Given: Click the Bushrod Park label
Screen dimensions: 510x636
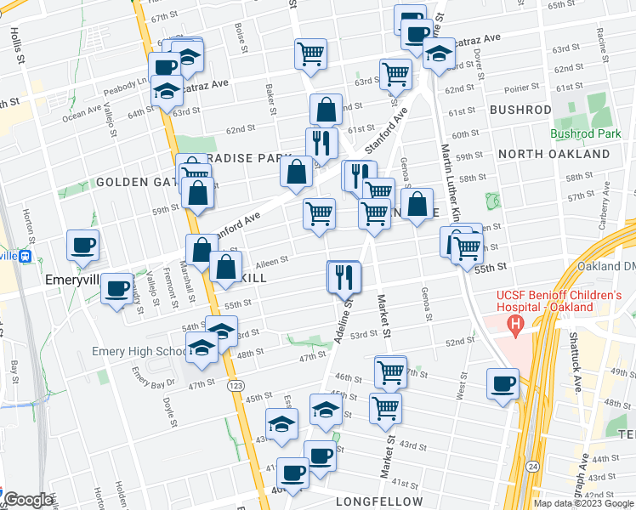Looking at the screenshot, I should [x=586, y=133].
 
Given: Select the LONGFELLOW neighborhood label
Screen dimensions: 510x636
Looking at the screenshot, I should [x=378, y=501].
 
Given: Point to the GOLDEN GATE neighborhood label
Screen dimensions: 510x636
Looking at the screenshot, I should [x=136, y=182].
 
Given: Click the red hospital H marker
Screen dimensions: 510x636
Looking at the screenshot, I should [x=514, y=323].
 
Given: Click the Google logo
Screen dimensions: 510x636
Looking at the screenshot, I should [x=27, y=500].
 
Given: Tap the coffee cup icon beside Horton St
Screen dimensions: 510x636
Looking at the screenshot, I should [x=83, y=246].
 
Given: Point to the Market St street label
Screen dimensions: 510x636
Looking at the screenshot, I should [x=383, y=314].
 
